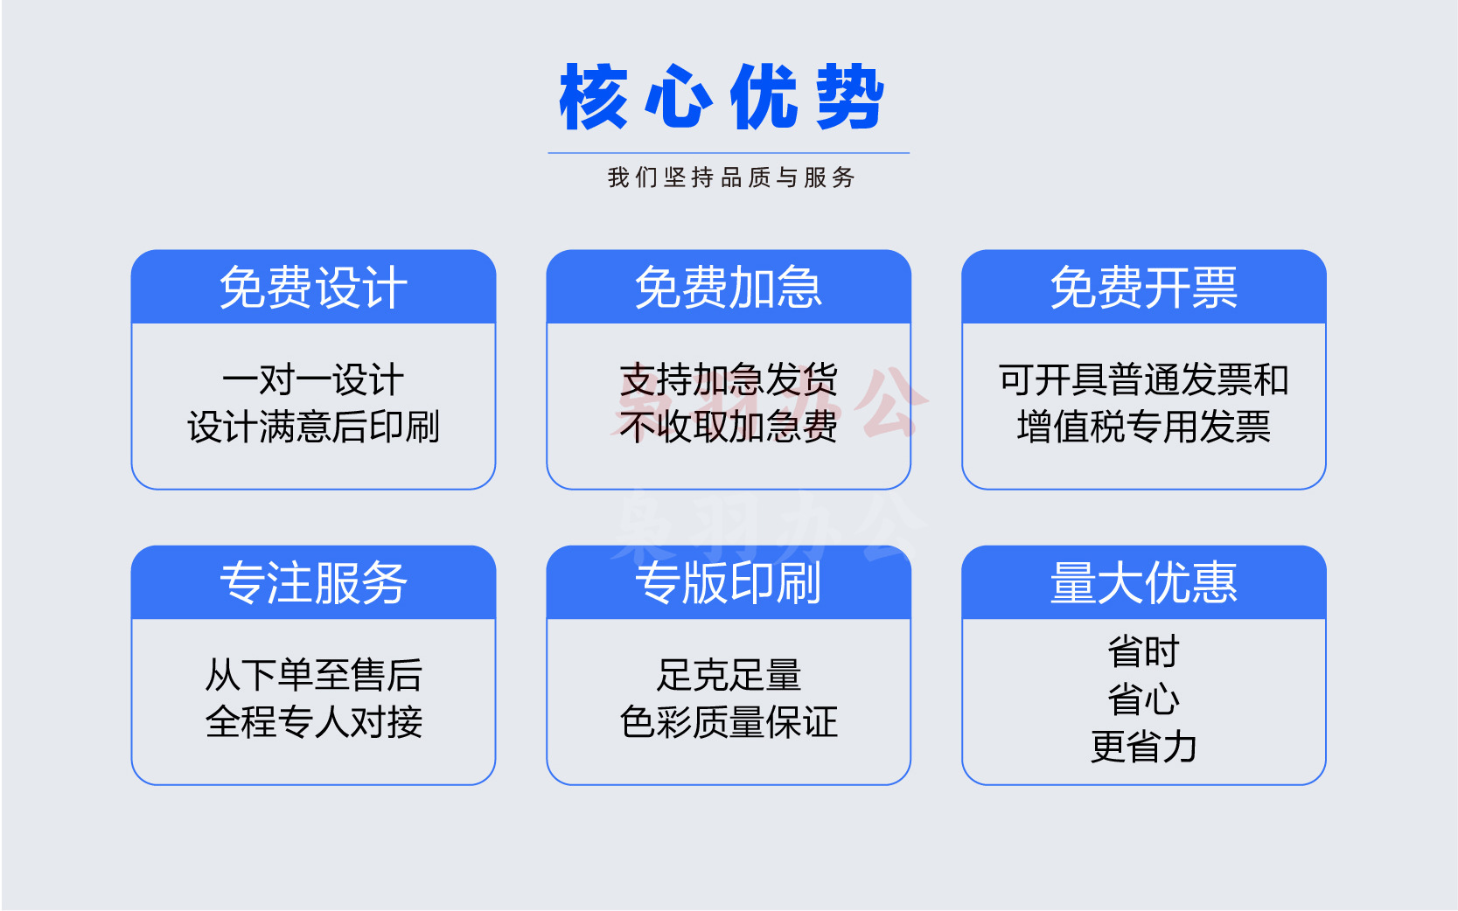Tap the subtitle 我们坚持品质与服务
(731, 177)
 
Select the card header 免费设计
(313, 288)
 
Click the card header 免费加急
(729, 288)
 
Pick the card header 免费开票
(1144, 288)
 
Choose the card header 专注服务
(313, 583)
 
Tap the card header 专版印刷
(729, 583)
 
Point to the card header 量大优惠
(1144, 583)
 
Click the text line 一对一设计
(313, 380)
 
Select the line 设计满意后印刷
(313, 427)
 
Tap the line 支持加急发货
(729, 380)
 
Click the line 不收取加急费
(729, 427)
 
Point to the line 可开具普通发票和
(1144, 380)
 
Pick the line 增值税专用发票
(1144, 427)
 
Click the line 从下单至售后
(313, 675)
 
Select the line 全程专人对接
(313, 722)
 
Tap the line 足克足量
(729, 675)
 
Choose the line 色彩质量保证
(729, 722)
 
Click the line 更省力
(1144, 747)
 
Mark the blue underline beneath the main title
(729, 153)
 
